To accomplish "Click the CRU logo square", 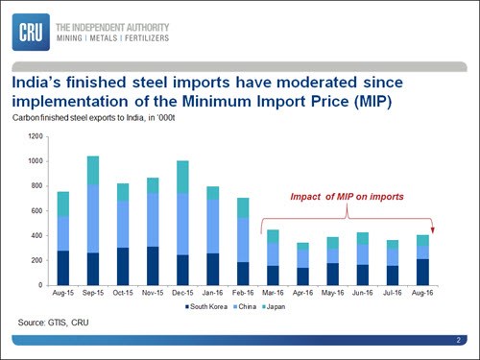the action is (31, 32).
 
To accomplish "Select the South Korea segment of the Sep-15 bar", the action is (93, 269).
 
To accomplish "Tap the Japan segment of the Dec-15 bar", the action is (182, 177).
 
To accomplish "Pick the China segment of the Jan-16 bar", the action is (213, 227).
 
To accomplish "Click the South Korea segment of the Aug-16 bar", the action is (422, 272).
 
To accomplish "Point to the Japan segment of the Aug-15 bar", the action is (63, 204).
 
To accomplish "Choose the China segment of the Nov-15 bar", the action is (153, 220).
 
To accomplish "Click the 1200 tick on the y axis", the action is (36, 136).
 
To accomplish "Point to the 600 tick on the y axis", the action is (36, 211).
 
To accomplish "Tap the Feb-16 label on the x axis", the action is (243, 293).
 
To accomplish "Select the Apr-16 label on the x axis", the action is (302, 293).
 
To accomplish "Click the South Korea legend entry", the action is (206, 306).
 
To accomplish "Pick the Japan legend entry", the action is (274, 306).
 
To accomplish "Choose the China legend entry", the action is (245, 306).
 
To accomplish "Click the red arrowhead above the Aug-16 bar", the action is (433, 230).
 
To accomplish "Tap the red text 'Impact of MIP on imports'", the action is (347, 197).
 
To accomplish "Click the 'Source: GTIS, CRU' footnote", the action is (53, 323).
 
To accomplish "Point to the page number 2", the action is (459, 340).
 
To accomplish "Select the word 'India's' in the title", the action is (36, 83).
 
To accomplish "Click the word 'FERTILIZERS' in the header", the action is (147, 38).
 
